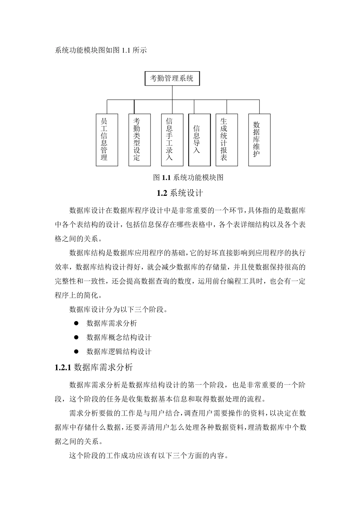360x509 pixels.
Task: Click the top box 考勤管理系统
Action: (172, 78)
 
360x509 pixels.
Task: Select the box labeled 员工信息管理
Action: (107, 140)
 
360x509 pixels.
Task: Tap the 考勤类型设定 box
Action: (139, 140)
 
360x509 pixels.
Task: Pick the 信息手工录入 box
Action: (172, 140)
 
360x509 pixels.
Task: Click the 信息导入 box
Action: (199, 140)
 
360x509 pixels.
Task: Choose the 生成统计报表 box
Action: (227, 140)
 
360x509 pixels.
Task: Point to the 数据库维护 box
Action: (259, 140)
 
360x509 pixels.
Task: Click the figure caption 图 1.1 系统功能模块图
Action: (188, 177)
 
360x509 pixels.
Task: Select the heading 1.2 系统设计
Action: (180, 193)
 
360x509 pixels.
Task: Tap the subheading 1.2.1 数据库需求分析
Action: (94, 367)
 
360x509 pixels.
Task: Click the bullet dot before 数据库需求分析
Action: (76, 323)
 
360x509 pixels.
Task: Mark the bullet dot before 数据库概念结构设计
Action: (76, 337)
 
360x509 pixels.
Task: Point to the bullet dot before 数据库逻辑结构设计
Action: (76, 351)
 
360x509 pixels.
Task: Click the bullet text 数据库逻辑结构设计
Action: (119, 352)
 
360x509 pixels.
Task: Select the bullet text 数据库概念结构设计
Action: (119, 337)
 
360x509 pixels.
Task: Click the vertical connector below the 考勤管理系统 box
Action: (172, 93)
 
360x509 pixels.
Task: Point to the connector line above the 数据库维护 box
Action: (259, 107)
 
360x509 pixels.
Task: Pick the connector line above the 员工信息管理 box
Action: (107, 107)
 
